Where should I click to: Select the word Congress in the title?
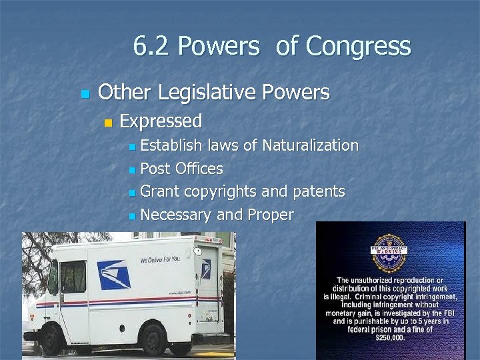click(x=359, y=47)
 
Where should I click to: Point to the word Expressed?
click(x=161, y=121)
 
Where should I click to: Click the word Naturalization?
click(x=310, y=145)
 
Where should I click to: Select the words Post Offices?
click(x=182, y=169)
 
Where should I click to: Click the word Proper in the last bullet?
click(x=271, y=215)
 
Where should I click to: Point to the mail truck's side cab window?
click(x=73, y=277)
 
